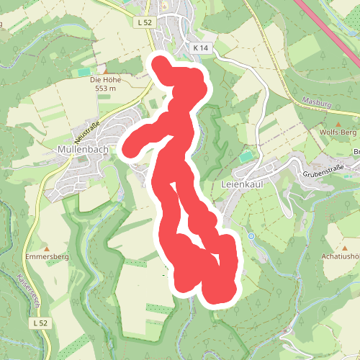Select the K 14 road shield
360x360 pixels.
coord(201,47)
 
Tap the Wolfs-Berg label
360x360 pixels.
coord(337,133)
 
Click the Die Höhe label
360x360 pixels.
coord(104,79)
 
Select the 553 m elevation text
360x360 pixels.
coord(104,89)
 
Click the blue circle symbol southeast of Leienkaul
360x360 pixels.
coord(251,236)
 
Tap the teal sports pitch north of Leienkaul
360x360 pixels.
coord(248,156)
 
